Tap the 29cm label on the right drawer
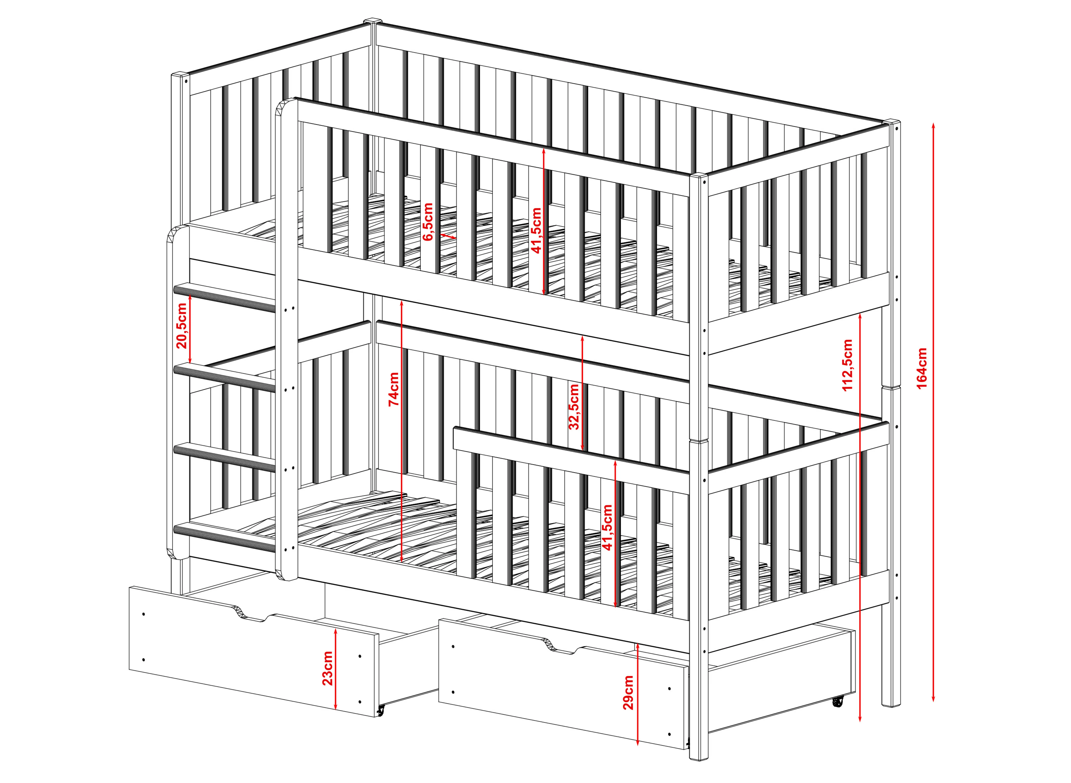click(628, 692)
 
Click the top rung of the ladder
click(225, 297)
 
